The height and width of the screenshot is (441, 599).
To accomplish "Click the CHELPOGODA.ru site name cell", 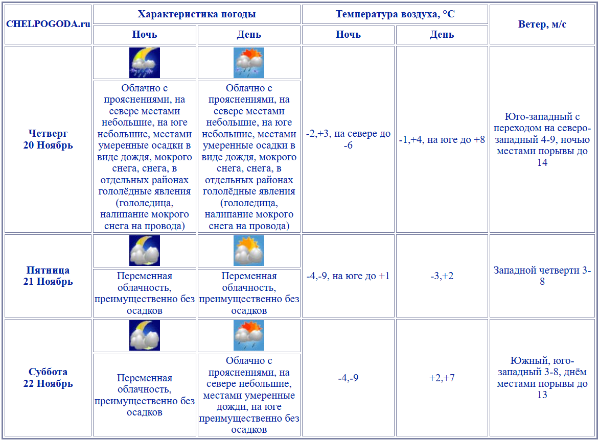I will click(48, 24).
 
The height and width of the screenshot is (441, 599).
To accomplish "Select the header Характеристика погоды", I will click(197, 14).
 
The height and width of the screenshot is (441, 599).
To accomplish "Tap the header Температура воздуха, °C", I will click(395, 14).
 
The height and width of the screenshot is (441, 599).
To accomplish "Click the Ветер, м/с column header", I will click(542, 24).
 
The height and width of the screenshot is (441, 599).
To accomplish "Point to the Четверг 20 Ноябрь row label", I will click(48, 139).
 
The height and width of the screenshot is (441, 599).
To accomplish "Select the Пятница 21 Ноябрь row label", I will click(48, 276).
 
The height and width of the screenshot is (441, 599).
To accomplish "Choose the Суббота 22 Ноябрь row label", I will click(48, 378).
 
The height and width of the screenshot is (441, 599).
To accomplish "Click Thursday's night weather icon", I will click(145, 63).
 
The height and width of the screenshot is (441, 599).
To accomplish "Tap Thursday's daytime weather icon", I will click(249, 63).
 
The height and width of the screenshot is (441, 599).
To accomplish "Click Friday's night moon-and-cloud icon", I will click(145, 251).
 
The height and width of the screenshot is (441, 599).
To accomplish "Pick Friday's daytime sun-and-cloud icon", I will click(249, 251).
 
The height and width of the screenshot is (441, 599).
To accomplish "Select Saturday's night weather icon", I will click(145, 335).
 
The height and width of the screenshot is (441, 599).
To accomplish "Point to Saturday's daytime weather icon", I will click(249, 335).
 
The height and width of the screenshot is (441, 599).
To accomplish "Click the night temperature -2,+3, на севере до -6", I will click(348, 139).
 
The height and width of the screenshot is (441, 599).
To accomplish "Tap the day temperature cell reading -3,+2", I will click(442, 276).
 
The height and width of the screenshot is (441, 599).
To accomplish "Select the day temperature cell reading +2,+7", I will click(442, 378).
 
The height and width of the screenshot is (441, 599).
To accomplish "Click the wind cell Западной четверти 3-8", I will click(542, 276).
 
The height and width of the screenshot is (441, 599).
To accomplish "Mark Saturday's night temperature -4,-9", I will click(348, 378).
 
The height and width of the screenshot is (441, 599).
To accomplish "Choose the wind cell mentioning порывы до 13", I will click(542, 378).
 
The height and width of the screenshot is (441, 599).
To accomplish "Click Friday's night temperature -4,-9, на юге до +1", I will click(348, 276).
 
